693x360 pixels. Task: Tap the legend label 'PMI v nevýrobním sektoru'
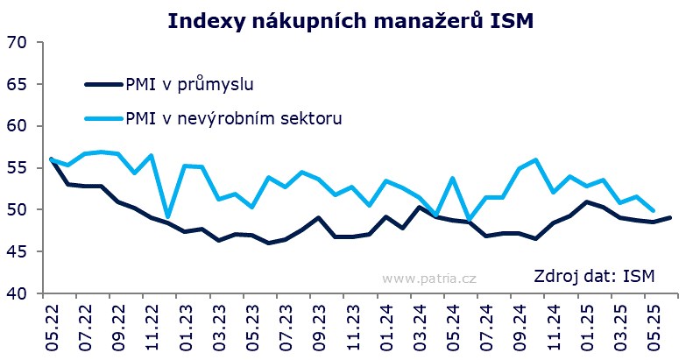click(231, 117)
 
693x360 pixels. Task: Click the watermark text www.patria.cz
click(428, 278)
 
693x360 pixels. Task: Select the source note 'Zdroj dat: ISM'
click(594, 278)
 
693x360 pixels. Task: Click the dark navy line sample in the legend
click(103, 84)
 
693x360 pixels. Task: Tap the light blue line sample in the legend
click(103, 117)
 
